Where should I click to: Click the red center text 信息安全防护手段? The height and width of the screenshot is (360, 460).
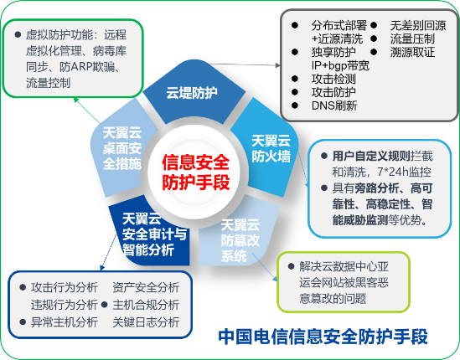click(196, 172)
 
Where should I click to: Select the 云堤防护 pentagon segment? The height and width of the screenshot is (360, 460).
click(194, 92)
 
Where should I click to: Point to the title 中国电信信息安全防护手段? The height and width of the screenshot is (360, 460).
click(323, 337)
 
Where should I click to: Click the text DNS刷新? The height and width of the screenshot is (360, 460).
click(334, 105)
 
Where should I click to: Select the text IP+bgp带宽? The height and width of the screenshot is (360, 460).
click(340, 65)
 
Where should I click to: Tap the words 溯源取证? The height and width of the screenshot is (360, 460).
click(412, 52)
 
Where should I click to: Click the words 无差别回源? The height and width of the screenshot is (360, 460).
click(418, 25)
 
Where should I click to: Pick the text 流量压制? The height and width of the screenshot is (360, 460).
click(412, 39)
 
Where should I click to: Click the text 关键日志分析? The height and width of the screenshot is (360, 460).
click(146, 321)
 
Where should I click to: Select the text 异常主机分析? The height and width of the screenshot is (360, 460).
click(65, 321)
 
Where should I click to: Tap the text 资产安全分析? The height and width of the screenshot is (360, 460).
click(146, 287)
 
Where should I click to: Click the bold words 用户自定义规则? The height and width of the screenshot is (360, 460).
click(371, 156)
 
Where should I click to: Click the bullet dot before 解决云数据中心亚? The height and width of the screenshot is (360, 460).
click(291, 266)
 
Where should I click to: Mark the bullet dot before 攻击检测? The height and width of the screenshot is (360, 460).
click(295, 79)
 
